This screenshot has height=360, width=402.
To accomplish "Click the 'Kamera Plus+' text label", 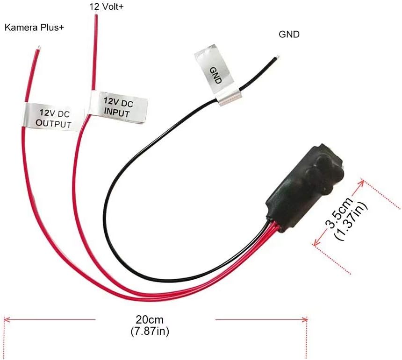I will (34, 28).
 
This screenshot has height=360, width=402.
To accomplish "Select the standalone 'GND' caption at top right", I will (289, 34).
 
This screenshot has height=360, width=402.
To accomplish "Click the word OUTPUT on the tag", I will (54, 124).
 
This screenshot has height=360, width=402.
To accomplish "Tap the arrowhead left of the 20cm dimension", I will (6, 320).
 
